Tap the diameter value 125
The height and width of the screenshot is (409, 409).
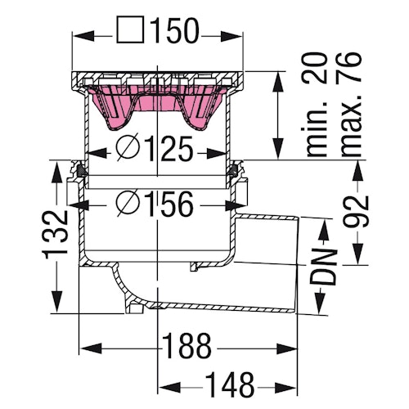(x=169, y=150)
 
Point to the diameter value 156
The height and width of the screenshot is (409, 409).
(x=169, y=202)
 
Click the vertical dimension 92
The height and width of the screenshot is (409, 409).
(x=358, y=213)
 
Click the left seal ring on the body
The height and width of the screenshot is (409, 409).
(x=79, y=172)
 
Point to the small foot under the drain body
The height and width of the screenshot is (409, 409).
(x=133, y=308)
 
